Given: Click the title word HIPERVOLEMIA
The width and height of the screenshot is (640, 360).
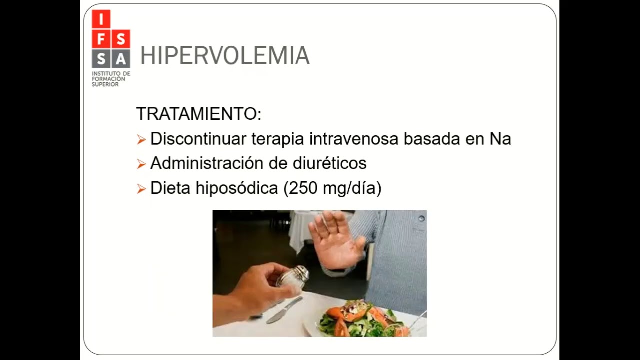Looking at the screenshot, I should click(x=225, y=56).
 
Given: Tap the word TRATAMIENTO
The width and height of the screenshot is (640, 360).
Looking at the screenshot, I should click(x=198, y=114).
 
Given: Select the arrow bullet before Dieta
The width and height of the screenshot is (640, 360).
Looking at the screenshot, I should click(x=141, y=189).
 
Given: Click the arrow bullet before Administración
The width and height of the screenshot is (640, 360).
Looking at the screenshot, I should click(x=141, y=164).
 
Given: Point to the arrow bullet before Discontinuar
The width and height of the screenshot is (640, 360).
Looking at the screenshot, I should click(x=141, y=140).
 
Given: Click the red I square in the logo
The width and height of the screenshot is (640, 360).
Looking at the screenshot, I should click(x=101, y=20).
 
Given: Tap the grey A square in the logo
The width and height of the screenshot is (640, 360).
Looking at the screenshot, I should click(x=120, y=58).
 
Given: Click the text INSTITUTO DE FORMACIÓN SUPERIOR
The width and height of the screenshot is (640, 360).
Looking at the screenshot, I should click(x=110, y=79).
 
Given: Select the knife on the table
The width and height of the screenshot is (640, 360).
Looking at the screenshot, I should click(x=284, y=310).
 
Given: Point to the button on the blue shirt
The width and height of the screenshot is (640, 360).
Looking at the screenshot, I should click(x=422, y=218).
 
